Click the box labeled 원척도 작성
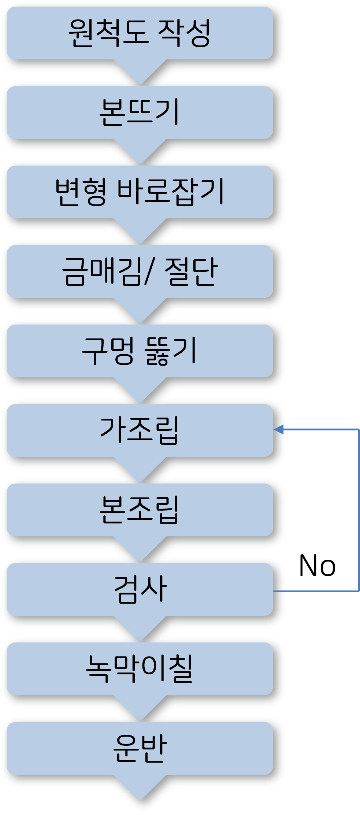(x=140, y=33)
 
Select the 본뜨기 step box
(x=140, y=112)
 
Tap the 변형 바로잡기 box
(x=140, y=192)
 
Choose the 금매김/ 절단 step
(x=140, y=271)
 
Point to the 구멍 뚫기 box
(x=140, y=351)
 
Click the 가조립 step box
(x=140, y=430)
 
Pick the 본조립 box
(x=140, y=510)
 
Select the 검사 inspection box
(x=140, y=589)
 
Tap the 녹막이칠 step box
(x=140, y=669)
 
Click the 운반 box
(x=140, y=748)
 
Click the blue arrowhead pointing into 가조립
(x=279, y=429)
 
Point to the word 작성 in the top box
(x=184, y=33)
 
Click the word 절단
(x=191, y=271)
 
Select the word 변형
(x=81, y=192)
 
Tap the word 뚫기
(x=171, y=351)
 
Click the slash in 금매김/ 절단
(x=148, y=271)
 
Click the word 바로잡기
(x=170, y=192)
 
